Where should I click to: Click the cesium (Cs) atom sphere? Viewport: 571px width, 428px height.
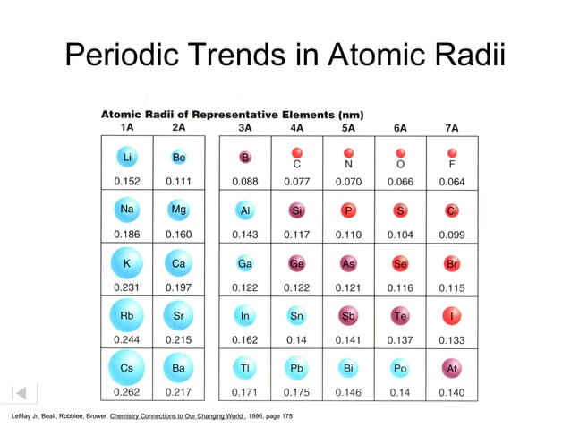click(x=127, y=368)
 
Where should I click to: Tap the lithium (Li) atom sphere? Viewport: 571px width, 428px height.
click(x=127, y=158)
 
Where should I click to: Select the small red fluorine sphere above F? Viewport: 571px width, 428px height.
click(x=452, y=152)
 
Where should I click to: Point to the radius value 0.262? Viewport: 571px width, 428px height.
click(x=127, y=392)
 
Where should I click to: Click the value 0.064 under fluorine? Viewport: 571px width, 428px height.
click(x=452, y=182)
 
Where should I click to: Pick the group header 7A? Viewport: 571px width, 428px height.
click(x=452, y=127)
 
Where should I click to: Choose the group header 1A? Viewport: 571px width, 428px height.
click(x=127, y=127)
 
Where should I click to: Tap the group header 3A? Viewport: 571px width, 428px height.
click(x=244, y=127)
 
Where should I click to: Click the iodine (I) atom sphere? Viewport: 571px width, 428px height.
click(x=452, y=315)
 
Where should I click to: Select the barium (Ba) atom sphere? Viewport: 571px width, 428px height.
click(x=179, y=368)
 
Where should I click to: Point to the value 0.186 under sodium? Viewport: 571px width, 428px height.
click(x=127, y=235)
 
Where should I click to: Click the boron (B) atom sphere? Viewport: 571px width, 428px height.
click(x=244, y=158)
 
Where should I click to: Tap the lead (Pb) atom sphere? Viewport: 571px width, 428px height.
click(x=296, y=368)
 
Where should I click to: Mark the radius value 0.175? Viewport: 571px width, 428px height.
click(x=296, y=392)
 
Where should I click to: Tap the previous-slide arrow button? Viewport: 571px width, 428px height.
click(x=24, y=392)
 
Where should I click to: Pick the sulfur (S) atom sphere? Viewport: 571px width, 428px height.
click(x=400, y=210)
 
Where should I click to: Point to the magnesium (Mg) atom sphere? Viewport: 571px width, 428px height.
click(x=179, y=210)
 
